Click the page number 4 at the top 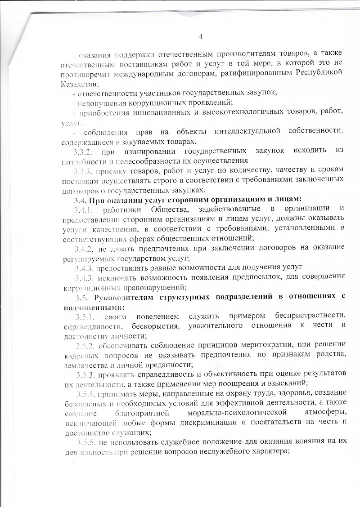tap(201, 36)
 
